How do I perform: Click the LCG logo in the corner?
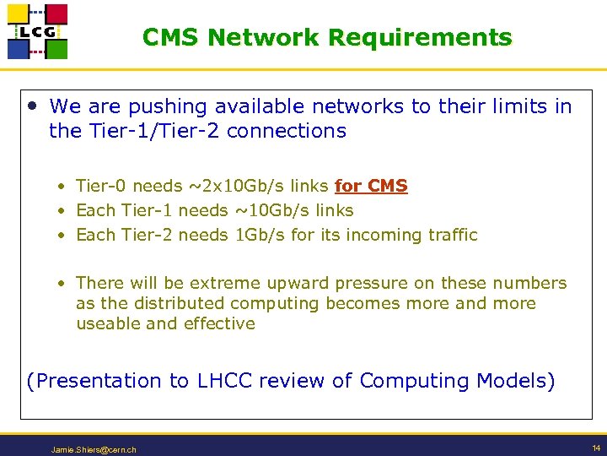point(37,31)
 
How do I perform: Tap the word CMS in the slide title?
point(171,38)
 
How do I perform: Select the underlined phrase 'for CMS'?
point(371,186)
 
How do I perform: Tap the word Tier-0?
point(101,186)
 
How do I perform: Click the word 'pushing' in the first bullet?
point(166,107)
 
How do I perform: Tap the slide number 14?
point(595,448)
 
